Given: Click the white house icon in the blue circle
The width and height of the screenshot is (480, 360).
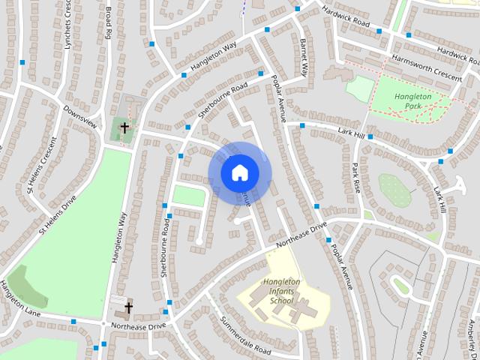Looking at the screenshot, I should coord(239,172).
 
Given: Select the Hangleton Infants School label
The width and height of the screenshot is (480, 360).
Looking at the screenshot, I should coord(282,291).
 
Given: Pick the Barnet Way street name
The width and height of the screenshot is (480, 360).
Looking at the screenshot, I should coord(304,58).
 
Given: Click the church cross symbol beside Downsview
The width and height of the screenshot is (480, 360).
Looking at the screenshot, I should coord(124,128).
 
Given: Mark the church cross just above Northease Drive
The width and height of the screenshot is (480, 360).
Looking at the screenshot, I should coord(128,307).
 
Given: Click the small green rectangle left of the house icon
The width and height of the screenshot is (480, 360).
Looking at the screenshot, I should coord(189,196).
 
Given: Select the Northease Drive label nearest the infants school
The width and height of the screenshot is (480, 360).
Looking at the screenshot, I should coord(301,234).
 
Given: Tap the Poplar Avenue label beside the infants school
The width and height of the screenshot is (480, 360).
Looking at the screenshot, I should coord(340,266).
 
